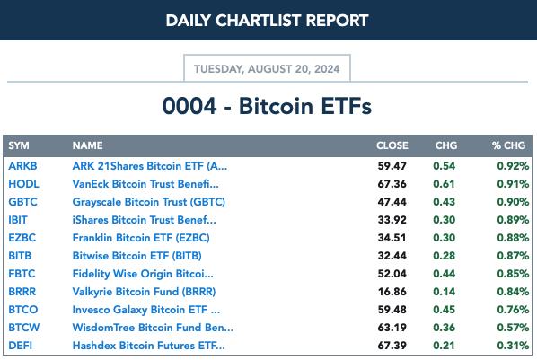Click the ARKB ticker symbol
coord(22,166)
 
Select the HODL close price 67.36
coord(392,184)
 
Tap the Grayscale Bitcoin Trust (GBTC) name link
coord(149,202)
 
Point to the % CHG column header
coord(508,145)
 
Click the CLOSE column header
coord(392,145)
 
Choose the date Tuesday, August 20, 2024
coord(267,69)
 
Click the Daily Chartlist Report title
coord(267,21)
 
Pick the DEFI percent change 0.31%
coord(513,346)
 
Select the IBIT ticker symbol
coord(18,220)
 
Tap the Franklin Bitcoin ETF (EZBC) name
coord(141,238)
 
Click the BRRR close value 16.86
coord(392,292)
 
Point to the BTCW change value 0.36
coord(445,328)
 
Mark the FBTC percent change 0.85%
coord(513,274)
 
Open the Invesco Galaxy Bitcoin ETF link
coord(146,310)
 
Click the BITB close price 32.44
coord(392,256)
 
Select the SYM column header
coord(19,145)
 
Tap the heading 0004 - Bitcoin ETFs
coord(267,106)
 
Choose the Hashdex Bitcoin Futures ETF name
coord(149,346)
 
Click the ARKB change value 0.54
coord(445,166)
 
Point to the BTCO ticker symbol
coord(23,310)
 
